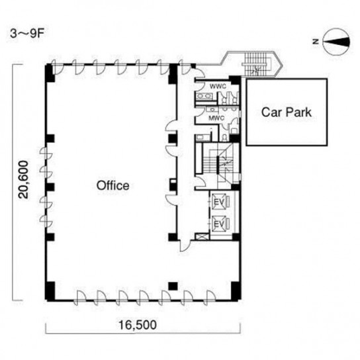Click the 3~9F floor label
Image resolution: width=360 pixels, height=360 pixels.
27,34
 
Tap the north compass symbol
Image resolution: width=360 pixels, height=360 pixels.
336,42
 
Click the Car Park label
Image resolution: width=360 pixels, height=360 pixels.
287,112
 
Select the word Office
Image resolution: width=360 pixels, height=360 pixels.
112,185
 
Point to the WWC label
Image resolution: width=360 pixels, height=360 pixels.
218,86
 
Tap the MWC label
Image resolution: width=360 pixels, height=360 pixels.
216,118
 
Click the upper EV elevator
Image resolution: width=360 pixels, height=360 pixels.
220,202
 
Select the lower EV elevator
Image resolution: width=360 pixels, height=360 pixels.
220,224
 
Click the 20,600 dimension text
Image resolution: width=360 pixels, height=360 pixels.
24,179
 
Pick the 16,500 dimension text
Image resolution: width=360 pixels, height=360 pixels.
138,325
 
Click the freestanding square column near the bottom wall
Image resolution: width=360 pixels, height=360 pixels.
173,286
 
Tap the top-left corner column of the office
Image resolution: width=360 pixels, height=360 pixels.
50,73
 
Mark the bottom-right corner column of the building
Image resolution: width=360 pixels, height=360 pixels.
236,291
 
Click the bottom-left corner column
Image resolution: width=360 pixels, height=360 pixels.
50,291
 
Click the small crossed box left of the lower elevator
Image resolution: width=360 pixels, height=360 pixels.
199,236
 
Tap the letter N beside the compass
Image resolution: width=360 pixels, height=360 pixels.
316,42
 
